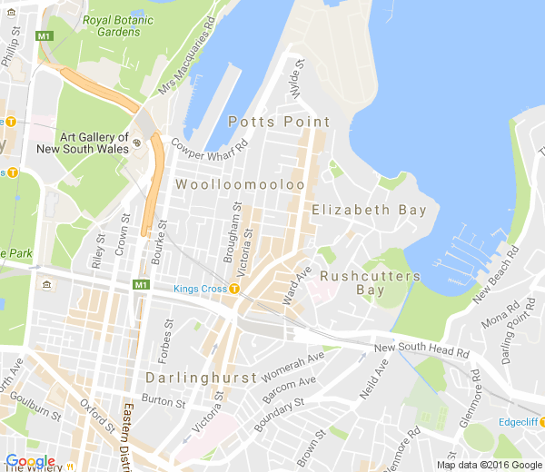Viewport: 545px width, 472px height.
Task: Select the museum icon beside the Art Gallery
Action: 136,143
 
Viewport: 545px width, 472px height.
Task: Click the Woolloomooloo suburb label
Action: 240,184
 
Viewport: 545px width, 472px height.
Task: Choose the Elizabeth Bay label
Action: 369,210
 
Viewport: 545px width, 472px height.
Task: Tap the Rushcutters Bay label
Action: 371,282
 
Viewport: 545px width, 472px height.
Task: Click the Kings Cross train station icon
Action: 234,289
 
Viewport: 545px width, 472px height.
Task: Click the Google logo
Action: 30,461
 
